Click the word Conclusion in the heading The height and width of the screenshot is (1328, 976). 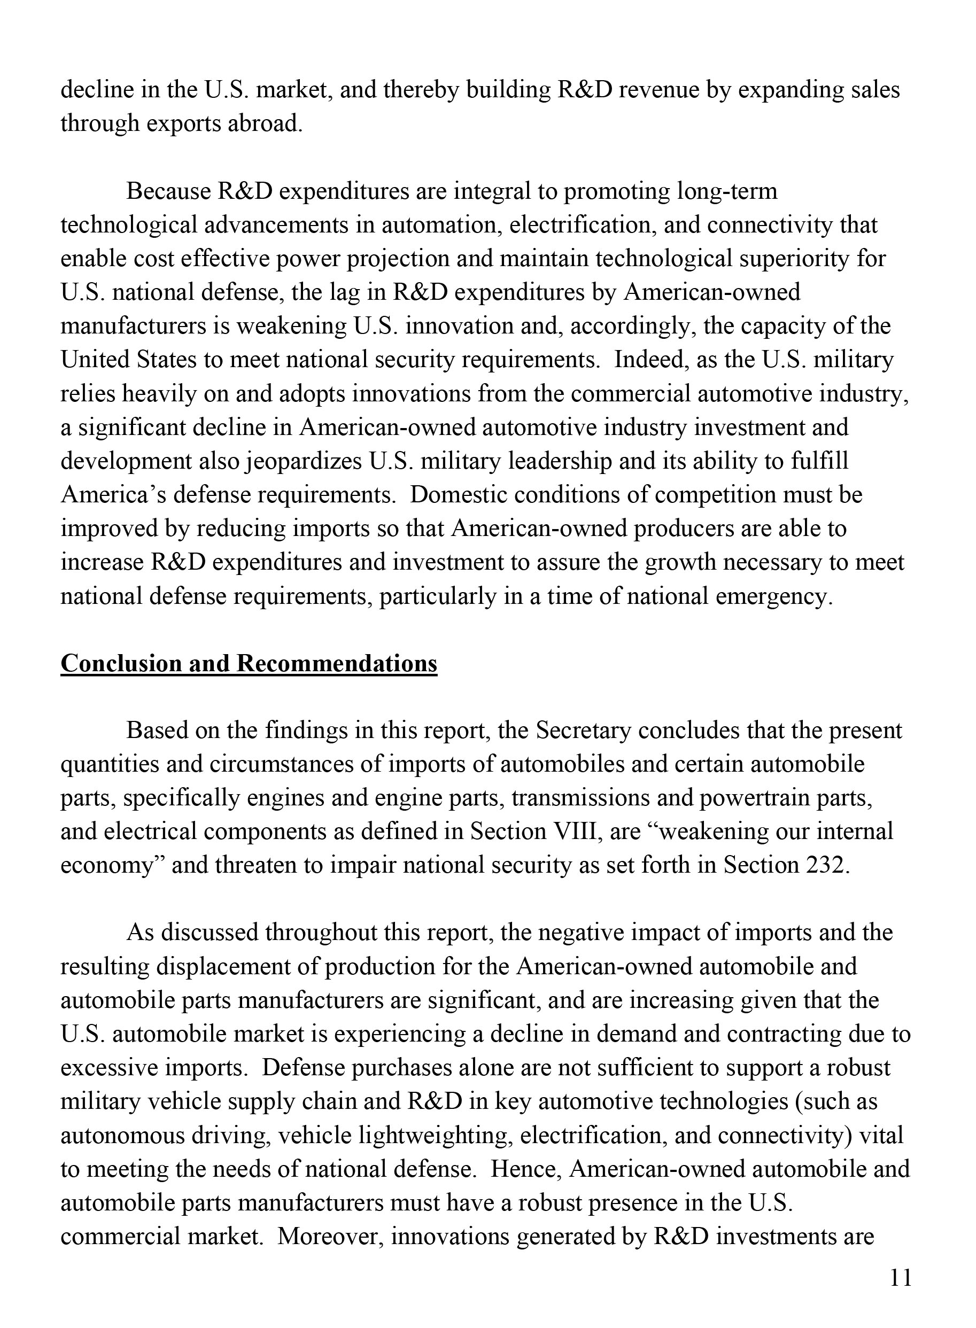pos(122,663)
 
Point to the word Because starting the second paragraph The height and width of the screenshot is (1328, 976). pos(168,191)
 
